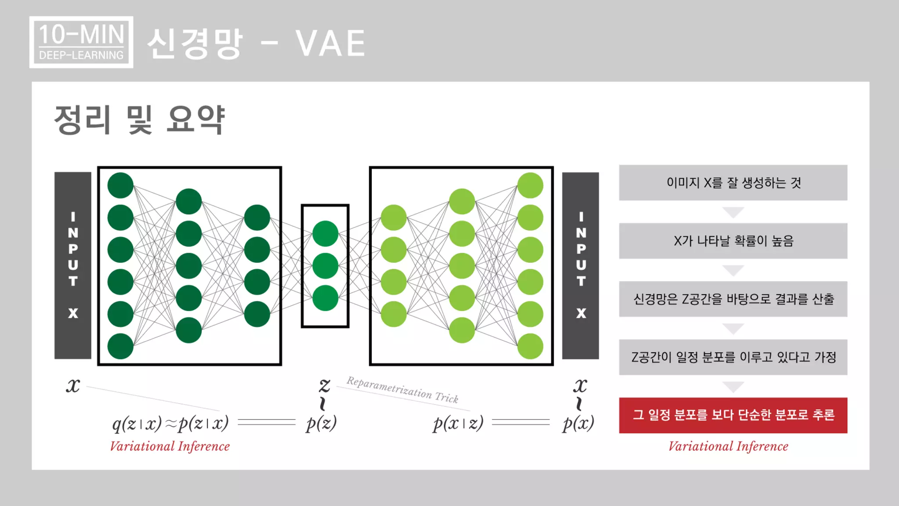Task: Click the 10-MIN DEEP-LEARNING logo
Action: coord(81,42)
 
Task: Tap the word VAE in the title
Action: coord(330,43)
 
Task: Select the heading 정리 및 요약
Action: coord(139,119)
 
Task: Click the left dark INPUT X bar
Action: coord(73,265)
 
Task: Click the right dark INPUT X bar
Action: coord(580,265)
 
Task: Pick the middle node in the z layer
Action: coord(325,266)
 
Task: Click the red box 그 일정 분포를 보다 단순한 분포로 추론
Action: coord(733,415)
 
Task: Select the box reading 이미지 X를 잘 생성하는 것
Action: coord(733,183)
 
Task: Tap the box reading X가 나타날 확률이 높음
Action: coord(733,241)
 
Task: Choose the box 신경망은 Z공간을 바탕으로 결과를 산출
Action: coord(733,299)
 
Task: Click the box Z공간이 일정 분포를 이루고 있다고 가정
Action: coord(733,357)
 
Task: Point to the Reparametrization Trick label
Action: coord(403,390)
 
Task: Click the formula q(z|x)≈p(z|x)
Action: coord(170,423)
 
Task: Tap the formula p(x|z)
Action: coord(458,423)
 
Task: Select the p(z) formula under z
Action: coord(321,423)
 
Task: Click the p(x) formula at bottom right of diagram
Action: coord(578,423)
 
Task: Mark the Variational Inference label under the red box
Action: coord(728,446)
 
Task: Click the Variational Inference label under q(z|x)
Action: coord(170,446)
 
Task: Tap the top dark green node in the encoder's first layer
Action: coord(120,185)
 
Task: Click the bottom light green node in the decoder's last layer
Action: coord(530,346)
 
